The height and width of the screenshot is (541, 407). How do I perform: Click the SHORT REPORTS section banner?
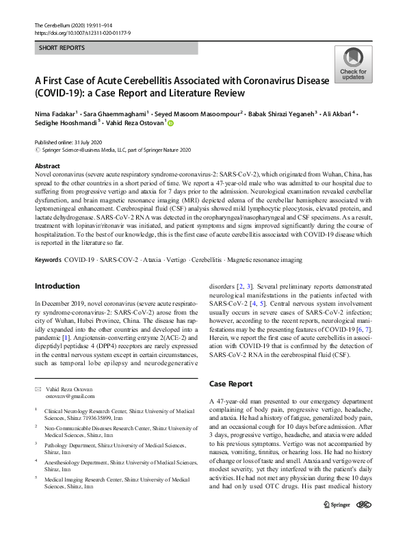point(62,49)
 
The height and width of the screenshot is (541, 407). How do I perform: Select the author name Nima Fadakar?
point(58,113)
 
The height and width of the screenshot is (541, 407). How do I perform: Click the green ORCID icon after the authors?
point(171,124)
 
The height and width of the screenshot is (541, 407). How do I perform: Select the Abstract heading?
point(47,166)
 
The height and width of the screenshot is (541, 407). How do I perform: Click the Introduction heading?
point(57,286)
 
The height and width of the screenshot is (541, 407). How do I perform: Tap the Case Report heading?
point(232,384)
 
